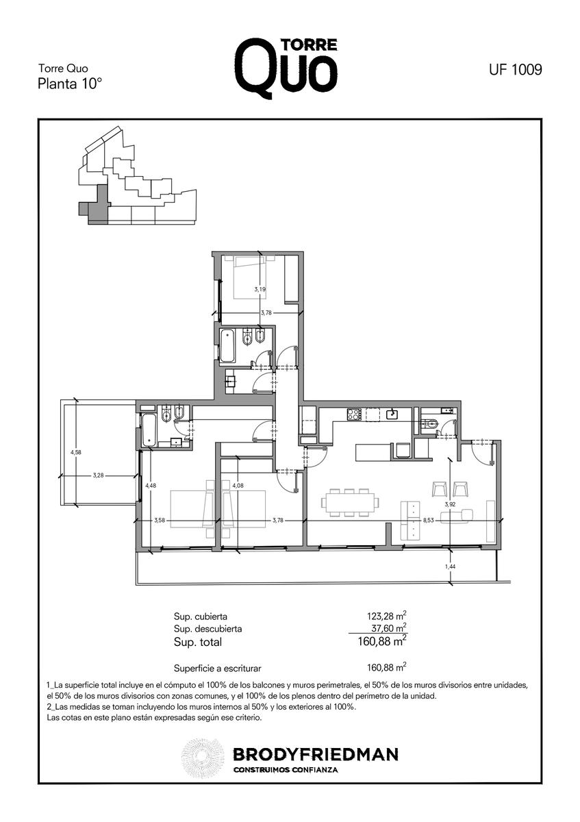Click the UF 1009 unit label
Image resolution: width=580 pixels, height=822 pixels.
tap(515, 69)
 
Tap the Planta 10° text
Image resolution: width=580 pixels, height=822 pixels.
tap(70, 84)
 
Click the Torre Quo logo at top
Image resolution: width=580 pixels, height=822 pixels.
tap(286, 68)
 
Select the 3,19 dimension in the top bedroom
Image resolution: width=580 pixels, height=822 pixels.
tap(260, 289)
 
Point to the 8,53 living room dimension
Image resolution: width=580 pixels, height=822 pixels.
tap(429, 520)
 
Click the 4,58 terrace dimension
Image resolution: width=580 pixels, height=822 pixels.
tap(75, 453)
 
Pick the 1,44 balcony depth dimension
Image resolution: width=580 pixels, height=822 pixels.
tap(450, 566)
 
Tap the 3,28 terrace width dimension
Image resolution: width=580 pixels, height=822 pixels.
tap(99, 475)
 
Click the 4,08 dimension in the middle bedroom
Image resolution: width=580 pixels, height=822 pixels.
tap(238, 486)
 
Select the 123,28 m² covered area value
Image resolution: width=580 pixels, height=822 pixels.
tap(386, 615)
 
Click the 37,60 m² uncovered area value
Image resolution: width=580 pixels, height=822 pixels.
tap(388, 628)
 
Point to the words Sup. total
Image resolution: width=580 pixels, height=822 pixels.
tap(198, 643)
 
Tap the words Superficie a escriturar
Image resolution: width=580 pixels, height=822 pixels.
tap(218, 669)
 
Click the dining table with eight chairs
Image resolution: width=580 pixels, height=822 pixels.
tap(349, 502)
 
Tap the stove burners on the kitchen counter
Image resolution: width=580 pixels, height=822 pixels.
tap(353, 414)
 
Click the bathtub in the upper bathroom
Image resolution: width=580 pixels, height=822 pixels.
tap(227, 345)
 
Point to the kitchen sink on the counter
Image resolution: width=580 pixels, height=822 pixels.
tap(392, 414)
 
